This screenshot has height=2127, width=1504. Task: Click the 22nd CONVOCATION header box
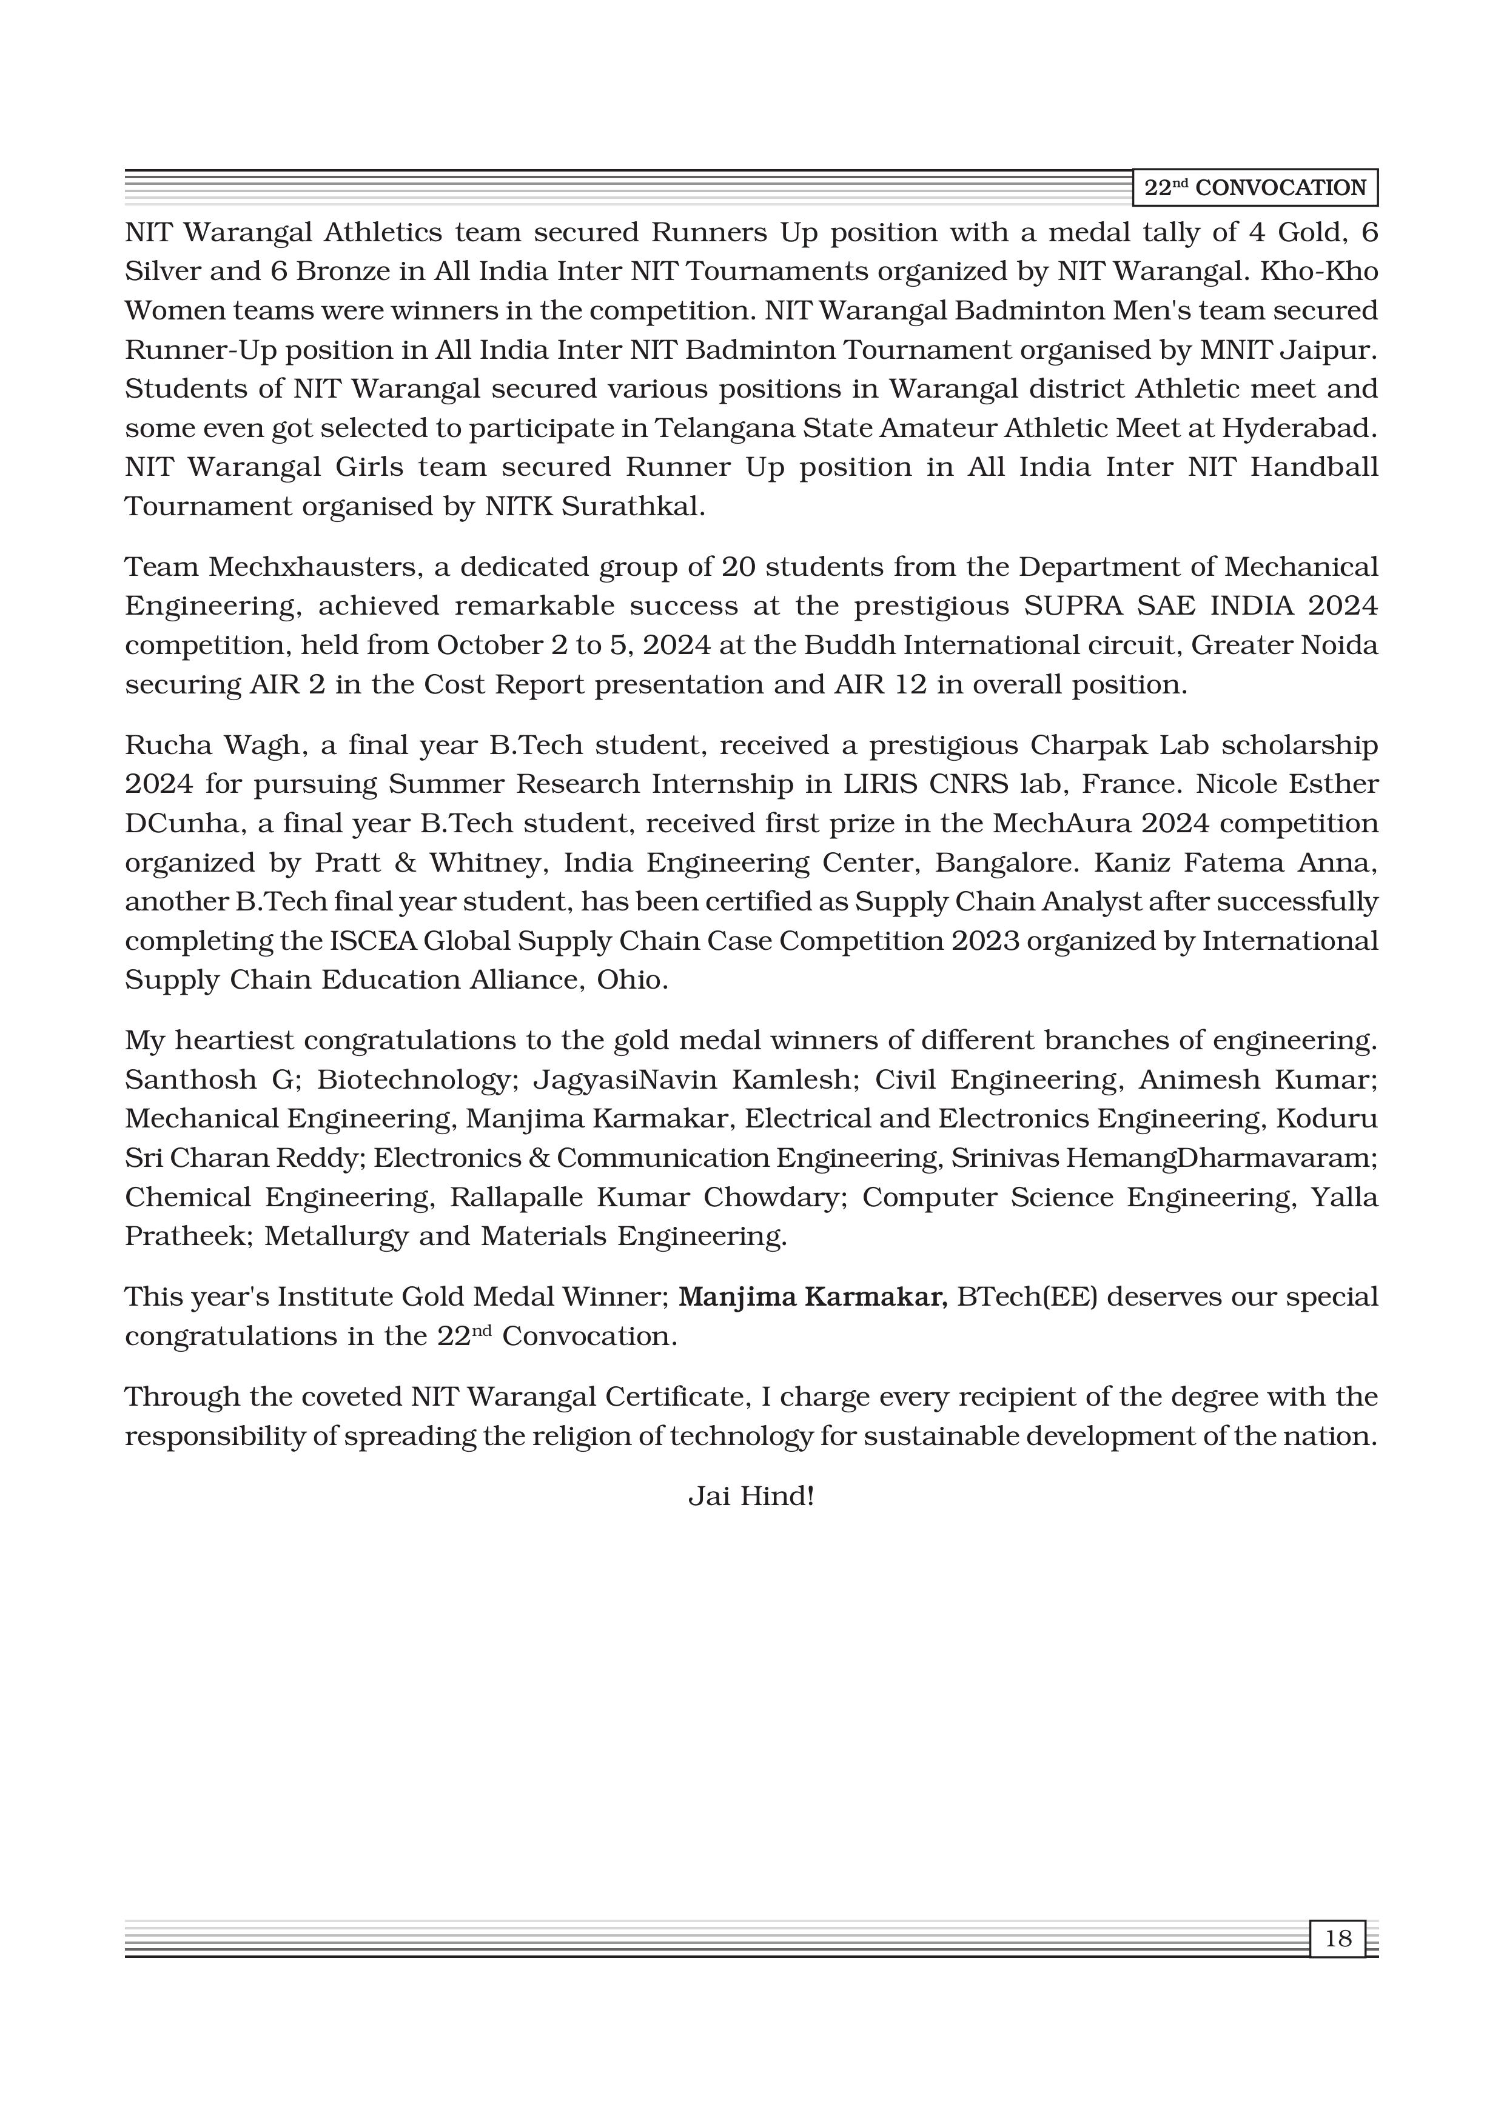pyautogui.click(x=1255, y=188)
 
